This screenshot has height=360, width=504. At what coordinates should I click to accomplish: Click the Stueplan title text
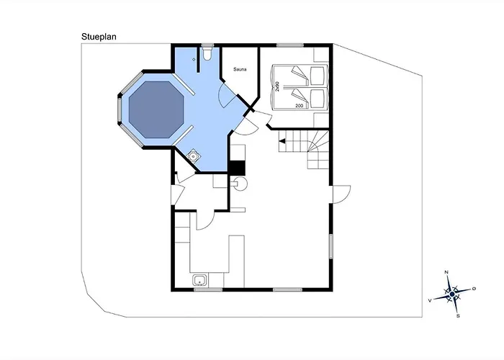coord(99,37)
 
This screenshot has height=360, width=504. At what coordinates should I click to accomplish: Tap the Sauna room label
coord(240,69)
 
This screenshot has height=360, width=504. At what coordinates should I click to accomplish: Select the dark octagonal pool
coord(156,109)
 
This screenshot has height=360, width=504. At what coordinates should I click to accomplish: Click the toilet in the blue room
coord(207,54)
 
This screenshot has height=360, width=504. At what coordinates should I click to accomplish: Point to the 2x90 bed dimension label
coord(277,86)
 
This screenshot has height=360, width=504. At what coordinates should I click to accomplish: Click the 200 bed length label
coord(299,105)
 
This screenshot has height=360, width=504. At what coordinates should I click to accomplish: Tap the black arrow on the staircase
coord(282,141)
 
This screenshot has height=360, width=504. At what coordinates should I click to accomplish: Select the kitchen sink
coord(200,280)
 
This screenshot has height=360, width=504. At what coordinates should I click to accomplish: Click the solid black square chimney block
coord(237,168)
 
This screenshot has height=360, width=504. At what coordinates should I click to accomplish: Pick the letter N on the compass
coord(446,272)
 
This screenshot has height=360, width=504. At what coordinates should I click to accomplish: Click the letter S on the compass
coord(458,316)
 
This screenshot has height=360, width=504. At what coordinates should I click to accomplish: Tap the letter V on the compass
coord(429,300)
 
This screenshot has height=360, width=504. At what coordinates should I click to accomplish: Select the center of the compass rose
coord(452,294)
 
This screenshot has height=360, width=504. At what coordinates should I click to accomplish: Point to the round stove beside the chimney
coord(239,184)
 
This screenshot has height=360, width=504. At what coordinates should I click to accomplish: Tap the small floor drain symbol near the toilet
coord(194,60)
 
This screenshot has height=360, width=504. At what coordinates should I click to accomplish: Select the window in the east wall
coord(330,246)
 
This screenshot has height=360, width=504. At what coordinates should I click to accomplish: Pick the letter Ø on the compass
coord(474,289)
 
